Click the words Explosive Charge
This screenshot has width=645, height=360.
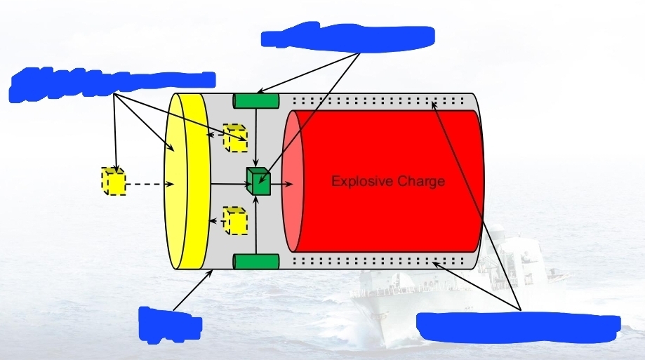387,181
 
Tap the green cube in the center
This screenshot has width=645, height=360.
258,182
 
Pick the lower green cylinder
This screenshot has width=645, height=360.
256,262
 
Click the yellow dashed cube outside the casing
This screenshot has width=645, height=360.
114,182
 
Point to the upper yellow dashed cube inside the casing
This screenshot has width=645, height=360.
234,138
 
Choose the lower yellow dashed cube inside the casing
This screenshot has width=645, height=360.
234,220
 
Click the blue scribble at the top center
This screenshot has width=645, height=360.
348,36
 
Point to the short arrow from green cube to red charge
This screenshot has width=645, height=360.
282,184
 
